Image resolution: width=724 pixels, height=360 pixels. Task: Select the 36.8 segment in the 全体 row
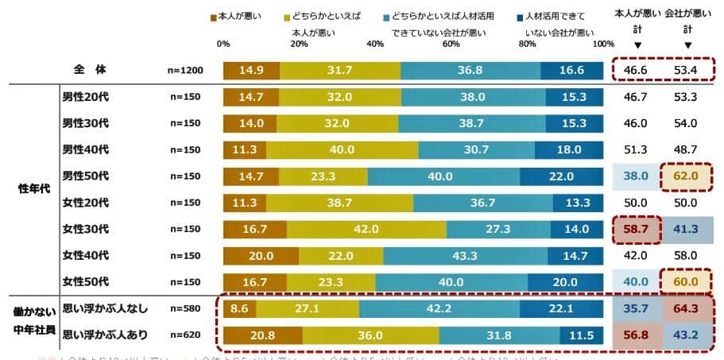[x=470, y=70]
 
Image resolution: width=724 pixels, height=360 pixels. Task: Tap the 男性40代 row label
[x=85, y=149]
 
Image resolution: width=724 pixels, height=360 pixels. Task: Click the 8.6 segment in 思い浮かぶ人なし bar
[x=239, y=308]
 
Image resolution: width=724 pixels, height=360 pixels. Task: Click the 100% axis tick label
[x=602, y=44]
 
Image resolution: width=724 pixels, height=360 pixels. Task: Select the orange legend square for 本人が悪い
[x=213, y=17]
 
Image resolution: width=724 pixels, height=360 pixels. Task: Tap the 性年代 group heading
[x=34, y=189]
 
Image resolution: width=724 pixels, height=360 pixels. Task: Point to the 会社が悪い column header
[x=687, y=14]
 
